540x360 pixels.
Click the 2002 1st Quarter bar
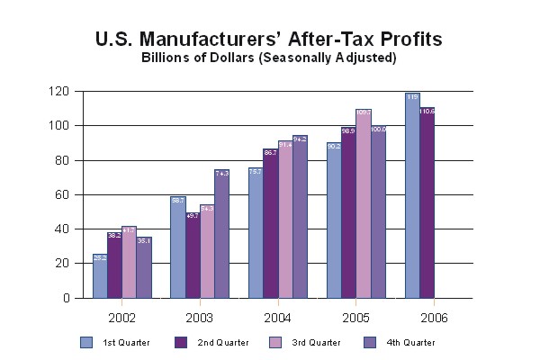click(x=99, y=276)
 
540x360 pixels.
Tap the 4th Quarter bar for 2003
click(x=221, y=234)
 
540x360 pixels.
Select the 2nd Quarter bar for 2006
click(x=427, y=203)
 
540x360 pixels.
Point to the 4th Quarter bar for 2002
click(x=143, y=267)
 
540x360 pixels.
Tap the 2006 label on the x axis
click(x=433, y=318)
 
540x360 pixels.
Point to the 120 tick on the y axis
click(x=59, y=92)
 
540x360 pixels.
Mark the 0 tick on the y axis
click(x=66, y=298)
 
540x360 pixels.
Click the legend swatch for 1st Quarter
click(x=86, y=342)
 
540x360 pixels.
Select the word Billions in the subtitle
click(x=167, y=58)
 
